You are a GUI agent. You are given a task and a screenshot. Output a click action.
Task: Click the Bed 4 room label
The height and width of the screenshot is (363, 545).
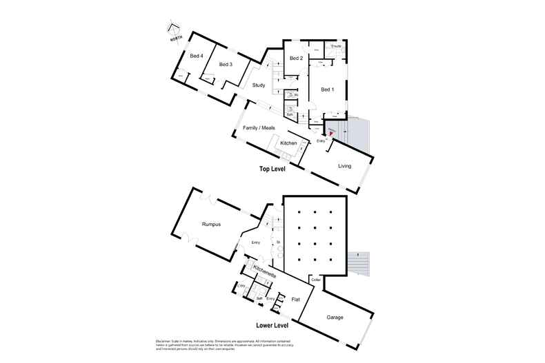tap(196, 56)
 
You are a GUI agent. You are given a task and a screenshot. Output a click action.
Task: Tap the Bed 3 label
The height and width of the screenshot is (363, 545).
tap(226, 65)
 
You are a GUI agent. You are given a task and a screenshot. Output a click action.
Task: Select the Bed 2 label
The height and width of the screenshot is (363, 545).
tap(297, 59)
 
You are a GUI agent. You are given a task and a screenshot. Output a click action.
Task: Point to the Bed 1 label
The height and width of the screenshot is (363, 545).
tap(326, 90)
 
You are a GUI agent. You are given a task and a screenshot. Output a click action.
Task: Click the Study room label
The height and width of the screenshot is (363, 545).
tap(259, 85)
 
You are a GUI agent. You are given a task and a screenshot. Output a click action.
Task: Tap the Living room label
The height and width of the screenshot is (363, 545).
tap(345, 166)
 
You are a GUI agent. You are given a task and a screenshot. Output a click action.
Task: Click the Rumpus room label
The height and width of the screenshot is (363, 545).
tap(211, 224)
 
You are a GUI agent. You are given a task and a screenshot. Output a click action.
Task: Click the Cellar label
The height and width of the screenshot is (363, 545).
tap(316, 280)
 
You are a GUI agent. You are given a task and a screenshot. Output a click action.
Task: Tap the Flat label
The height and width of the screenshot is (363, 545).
tap(295, 300)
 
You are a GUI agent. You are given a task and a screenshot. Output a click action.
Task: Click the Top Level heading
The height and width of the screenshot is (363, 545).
tap(272, 168)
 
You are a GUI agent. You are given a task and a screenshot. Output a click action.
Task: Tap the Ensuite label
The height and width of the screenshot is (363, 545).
tap(336, 46)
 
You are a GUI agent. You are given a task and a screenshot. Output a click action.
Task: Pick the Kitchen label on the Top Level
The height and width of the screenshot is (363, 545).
tap(288, 143)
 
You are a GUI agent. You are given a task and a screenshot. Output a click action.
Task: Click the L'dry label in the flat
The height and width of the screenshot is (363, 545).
tap(241, 285)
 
